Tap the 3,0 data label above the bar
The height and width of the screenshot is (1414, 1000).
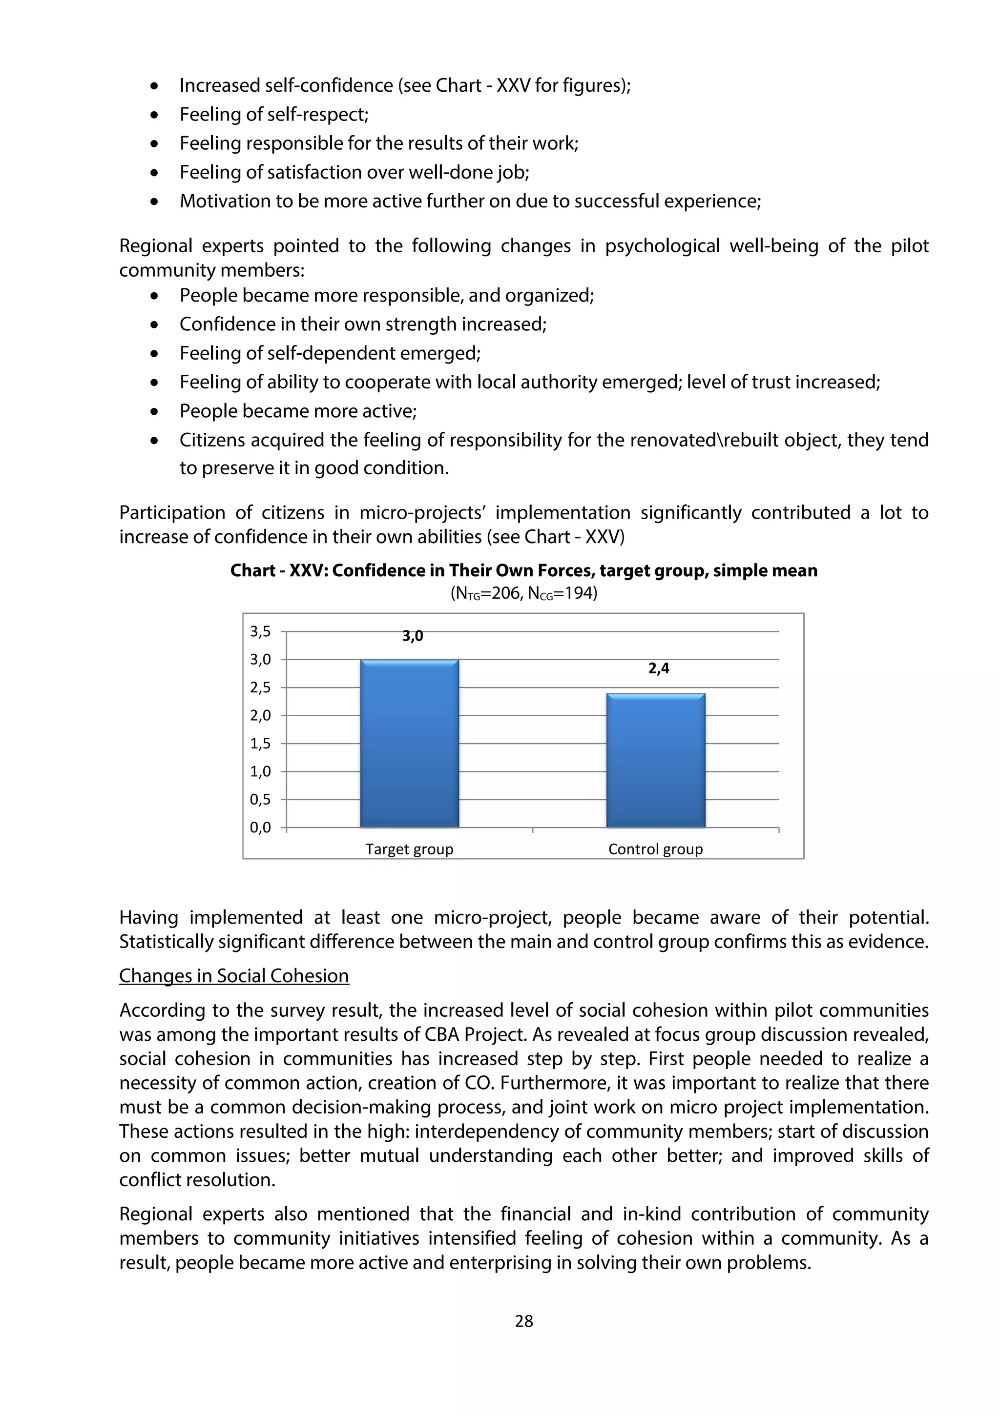pos(412,636)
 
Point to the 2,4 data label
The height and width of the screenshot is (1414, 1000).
pos(659,668)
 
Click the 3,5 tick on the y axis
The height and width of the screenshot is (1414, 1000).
pos(260,631)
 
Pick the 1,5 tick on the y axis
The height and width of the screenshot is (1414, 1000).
pos(260,743)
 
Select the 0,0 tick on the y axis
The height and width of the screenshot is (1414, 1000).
pos(260,827)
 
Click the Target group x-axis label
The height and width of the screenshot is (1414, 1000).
pos(409,849)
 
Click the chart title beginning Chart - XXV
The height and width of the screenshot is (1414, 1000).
pos(524,570)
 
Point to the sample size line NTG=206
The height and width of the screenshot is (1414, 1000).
pos(524,594)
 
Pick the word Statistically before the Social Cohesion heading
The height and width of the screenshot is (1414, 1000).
pos(166,942)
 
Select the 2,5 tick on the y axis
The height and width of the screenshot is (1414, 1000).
pos(260,687)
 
